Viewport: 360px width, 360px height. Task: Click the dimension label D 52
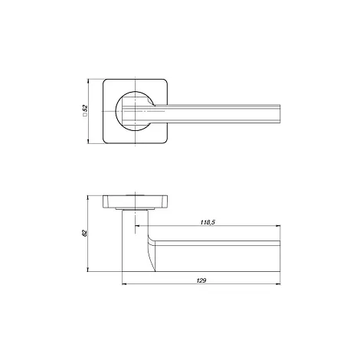coord(85,110)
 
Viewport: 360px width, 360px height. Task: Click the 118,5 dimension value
coord(208,222)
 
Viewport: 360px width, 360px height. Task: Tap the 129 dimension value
coord(201,280)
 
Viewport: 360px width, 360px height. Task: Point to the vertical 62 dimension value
coord(85,233)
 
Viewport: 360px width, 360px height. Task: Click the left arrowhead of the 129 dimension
coord(124,283)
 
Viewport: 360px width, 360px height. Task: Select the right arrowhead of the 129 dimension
coord(278,283)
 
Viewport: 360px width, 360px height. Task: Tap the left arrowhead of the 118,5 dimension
coord(137,226)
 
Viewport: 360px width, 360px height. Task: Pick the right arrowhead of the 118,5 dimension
coord(278,226)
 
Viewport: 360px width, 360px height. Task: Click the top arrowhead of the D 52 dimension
coord(88,81)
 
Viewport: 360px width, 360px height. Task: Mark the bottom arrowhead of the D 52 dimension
coord(88,141)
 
